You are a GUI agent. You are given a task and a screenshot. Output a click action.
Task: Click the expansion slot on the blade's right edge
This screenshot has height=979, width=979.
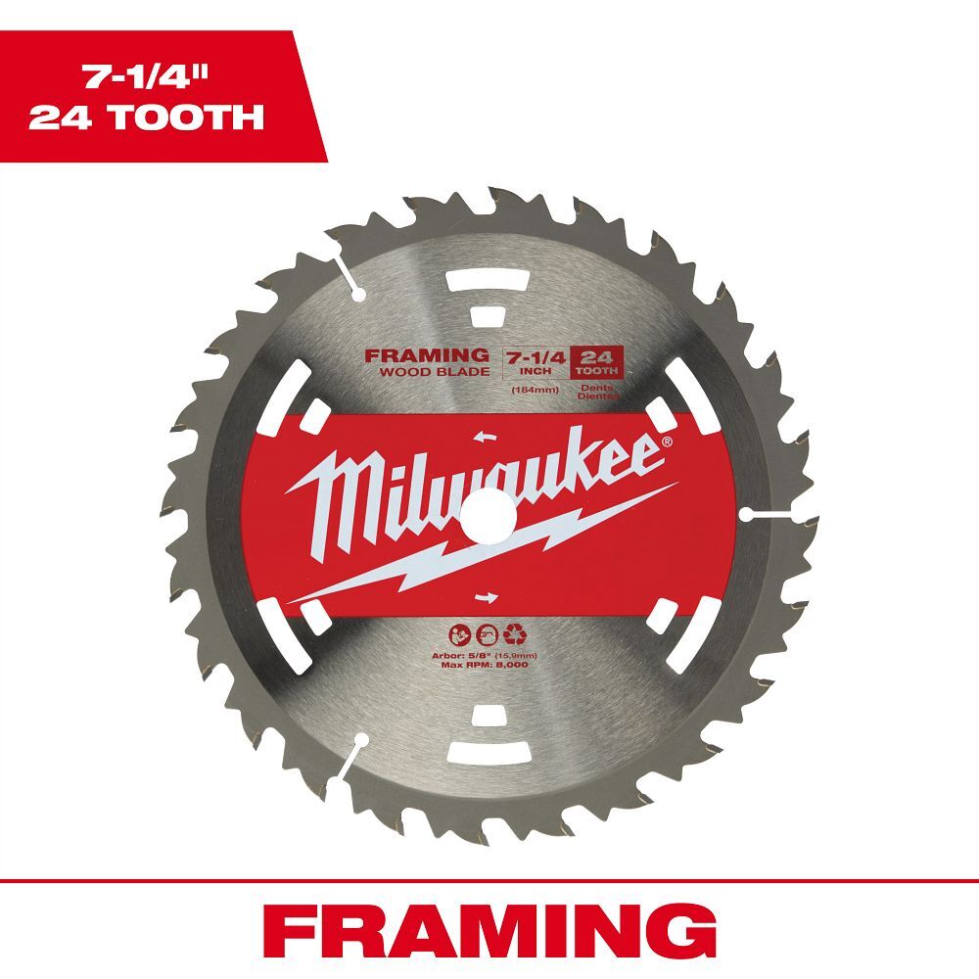click(764, 512)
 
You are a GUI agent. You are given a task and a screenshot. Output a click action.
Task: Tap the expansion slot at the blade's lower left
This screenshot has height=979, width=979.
click(345, 754)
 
